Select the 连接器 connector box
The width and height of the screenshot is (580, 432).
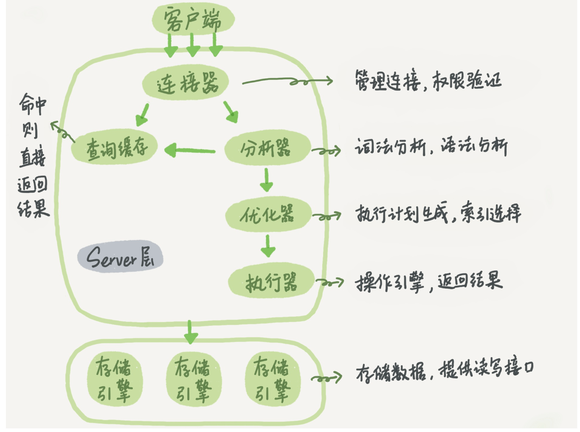click(x=186, y=83)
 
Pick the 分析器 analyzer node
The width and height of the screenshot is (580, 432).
click(x=267, y=148)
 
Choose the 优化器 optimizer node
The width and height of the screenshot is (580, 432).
click(x=267, y=214)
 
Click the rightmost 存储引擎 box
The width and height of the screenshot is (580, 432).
click(x=272, y=378)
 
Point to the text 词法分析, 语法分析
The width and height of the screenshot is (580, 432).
click(x=431, y=147)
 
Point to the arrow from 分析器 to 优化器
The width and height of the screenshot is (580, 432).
click(x=266, y=179)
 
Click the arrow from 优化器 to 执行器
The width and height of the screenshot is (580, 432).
click(x=267, y=246)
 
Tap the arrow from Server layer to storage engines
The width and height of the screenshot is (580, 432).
click(x=190, y=332)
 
